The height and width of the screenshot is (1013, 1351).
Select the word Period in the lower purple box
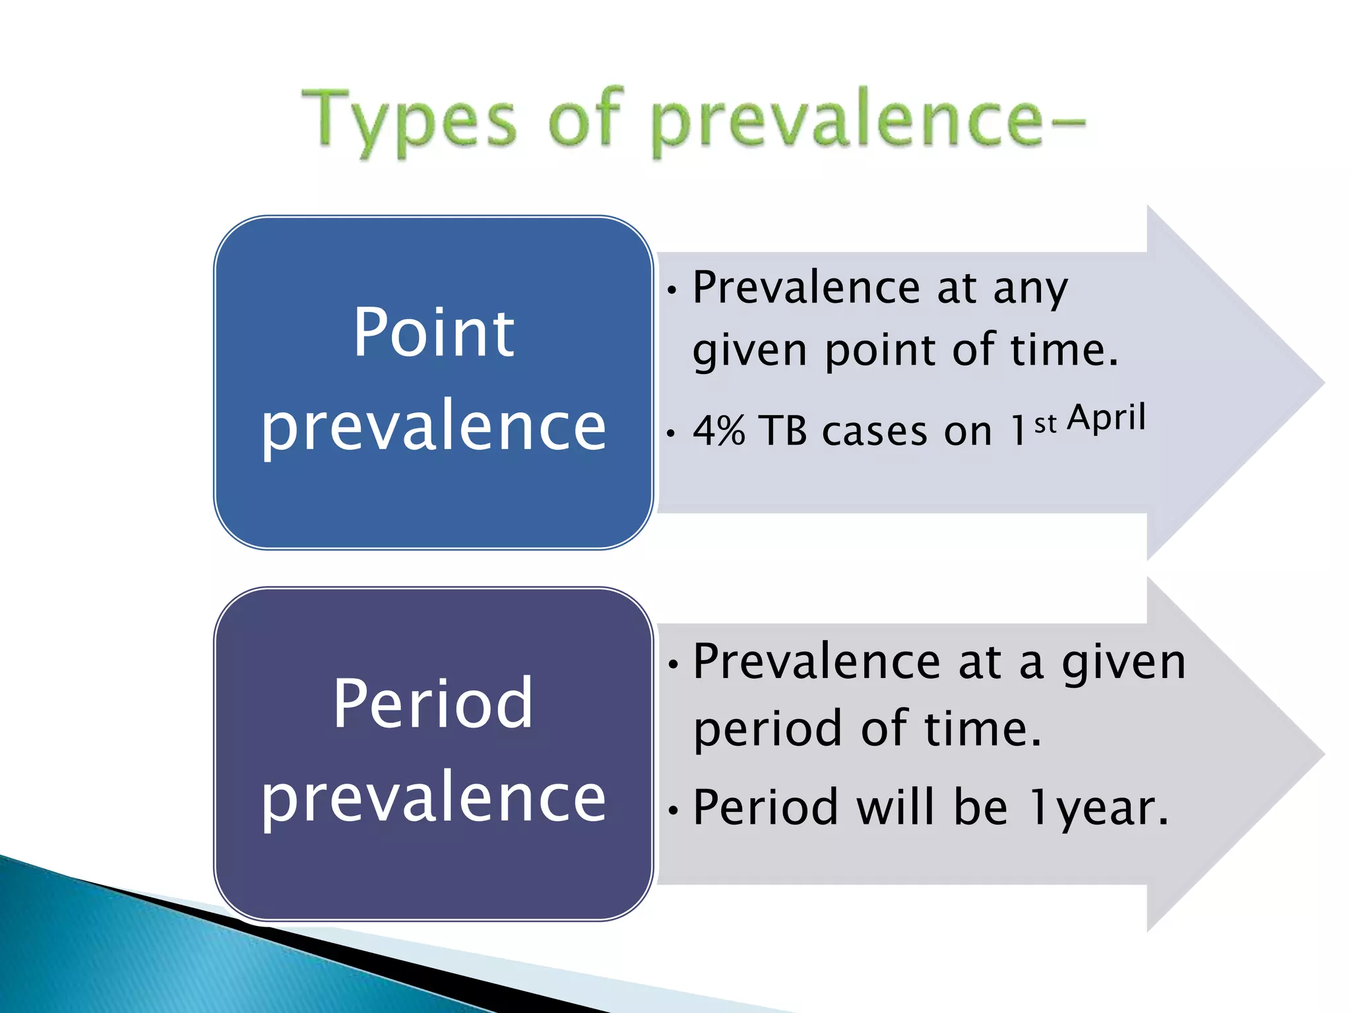pyautogui.click(x=433, y=704)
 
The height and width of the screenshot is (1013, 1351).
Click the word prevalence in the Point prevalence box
pyautogui.click(x=433, y=427)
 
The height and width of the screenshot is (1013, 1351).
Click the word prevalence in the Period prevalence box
pyautogui.click(x=433, y=798)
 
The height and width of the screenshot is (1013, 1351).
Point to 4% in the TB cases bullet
pyautogui.click(x=719, y=431)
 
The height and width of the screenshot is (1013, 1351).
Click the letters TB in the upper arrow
pyautogui.click(x=783, y=431)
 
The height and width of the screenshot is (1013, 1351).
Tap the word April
pyautogui.click(x=1106, y=418)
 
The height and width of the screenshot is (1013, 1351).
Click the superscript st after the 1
pyautogui.click(x=1045, y=424)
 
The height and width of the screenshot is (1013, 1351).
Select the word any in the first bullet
pyautogui.click(x=1030, y=290)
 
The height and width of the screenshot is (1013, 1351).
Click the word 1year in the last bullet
pyautogui.click(x=1098, y=808)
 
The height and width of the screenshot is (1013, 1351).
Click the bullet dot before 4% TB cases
pyautogui.click(x=671, y=434)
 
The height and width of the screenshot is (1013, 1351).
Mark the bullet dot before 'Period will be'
pyautogui.click(x=672, y=810)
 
